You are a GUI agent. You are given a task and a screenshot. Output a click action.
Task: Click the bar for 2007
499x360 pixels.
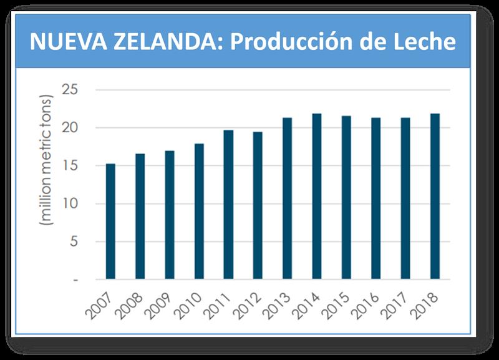(110, 221)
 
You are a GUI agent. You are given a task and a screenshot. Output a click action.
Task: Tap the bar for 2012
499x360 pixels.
(258, 205)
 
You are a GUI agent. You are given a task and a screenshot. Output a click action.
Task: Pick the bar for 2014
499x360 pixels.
(316, 196)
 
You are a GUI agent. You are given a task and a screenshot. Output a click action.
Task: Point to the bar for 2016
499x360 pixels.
(375, 198)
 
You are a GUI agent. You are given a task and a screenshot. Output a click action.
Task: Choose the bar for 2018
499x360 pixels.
(435, 196)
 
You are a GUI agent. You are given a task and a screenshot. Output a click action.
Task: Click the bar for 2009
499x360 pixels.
(170, 215)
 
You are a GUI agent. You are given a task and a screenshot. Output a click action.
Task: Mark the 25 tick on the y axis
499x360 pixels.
(70, 90)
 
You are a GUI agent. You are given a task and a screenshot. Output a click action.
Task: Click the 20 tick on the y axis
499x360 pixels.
(70, 128)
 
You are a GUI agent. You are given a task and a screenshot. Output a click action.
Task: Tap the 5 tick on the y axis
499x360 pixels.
(74, 241)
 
